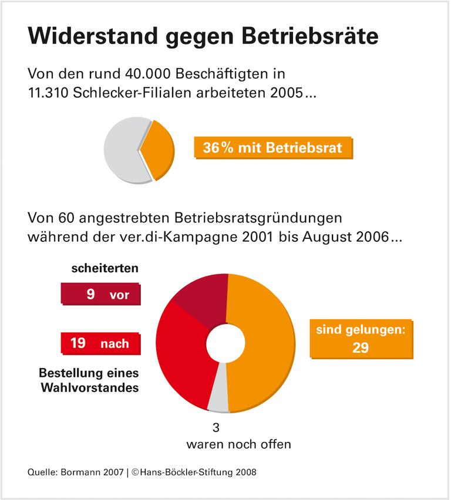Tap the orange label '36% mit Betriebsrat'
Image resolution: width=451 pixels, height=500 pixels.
tap(272, 148)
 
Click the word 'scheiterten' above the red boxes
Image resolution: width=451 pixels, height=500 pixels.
tap(105, 269)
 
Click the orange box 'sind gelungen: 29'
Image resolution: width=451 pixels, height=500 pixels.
tap(361, 339)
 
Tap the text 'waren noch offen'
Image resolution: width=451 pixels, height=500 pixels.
tap(238, 444)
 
